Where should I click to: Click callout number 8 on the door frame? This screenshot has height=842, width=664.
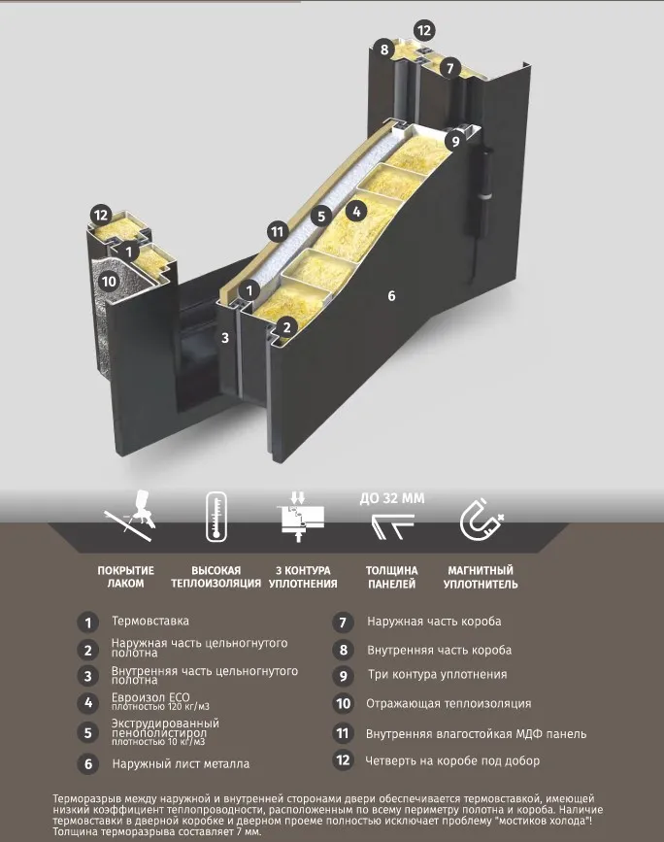pyautogui.click(x=384, y=50)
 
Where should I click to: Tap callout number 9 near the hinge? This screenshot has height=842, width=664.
pyautogui.click(x=455, y=141)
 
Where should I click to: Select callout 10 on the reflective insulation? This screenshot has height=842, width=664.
pyautogui.click(x=109, y=281)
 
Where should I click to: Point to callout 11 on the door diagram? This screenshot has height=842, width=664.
pyautogui.click(x=277, y=232)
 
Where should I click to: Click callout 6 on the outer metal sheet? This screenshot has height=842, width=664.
pyautogui.click(x=391, y=295)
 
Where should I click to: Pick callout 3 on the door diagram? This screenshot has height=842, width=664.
pyautogui.click(x=225, y=338)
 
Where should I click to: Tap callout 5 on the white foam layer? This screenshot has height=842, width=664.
pyautogui.click(x=321, y=216)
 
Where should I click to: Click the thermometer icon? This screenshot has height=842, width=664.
pyautogui.click(x=216, y=516)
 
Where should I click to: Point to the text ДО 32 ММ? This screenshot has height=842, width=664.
pyautogui.click(x=392, y=498)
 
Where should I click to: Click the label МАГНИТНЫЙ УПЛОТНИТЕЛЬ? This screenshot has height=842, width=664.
pyautogui.click(x=481, y=577)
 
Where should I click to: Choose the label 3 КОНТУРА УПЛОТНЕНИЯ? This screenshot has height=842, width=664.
pyautogui.click(x=303, y=577)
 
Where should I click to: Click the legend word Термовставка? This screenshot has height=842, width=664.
pyautogui.click(x=150, y=621)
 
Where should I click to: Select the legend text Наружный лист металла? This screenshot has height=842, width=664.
pyautogui.click(x=181, y=763)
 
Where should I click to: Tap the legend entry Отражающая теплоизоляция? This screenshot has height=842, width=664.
pyautogui.click(x=448, y=703)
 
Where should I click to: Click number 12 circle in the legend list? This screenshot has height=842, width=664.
pyautogui.click(x=343, y=760)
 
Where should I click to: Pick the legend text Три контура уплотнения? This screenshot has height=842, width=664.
pyautogui.click(x=437, y=674)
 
